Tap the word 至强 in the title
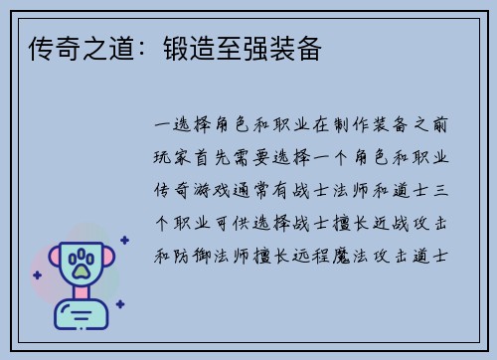coord(246,47)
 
